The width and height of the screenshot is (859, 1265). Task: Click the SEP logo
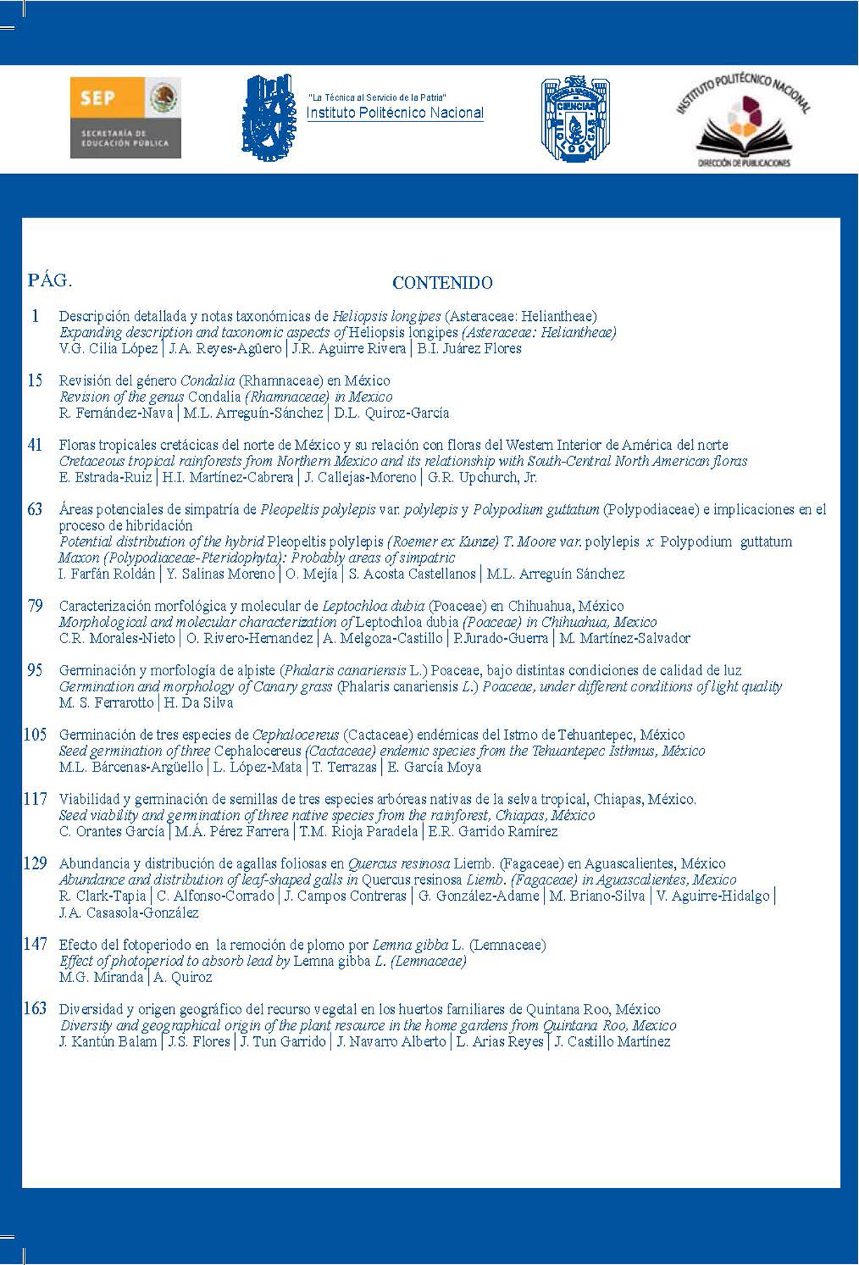coord(126,117)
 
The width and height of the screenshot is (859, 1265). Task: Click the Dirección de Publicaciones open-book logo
coord(743,122)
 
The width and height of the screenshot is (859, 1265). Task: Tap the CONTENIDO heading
coord(442,283)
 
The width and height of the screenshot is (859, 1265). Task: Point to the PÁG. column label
coord(50,281)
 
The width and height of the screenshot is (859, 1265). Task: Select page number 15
coord(35,380)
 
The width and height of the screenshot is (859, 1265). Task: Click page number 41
coord(35,445)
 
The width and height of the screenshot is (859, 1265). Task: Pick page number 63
coord(35,510)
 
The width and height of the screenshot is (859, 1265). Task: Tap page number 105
coord(35,735)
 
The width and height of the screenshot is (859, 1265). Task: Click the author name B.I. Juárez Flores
coord(469,349)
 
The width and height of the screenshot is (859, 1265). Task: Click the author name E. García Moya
coord(434,767)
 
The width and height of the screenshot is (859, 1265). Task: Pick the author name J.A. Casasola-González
coord(129,913)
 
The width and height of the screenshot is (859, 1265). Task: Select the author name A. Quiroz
coord(182,978)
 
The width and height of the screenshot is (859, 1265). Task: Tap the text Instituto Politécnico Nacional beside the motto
coord(395,113)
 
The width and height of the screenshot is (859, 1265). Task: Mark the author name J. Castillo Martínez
coord(612,1042)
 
